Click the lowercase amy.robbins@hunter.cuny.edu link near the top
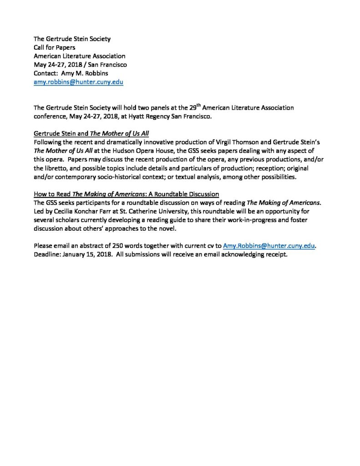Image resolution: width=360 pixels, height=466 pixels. [78, 82]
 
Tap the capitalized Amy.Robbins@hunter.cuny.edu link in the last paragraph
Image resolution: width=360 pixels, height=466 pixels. [269, 246]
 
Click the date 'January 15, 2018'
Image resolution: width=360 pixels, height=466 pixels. [86, 254]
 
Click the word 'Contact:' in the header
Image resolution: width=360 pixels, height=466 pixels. [46, 73]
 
